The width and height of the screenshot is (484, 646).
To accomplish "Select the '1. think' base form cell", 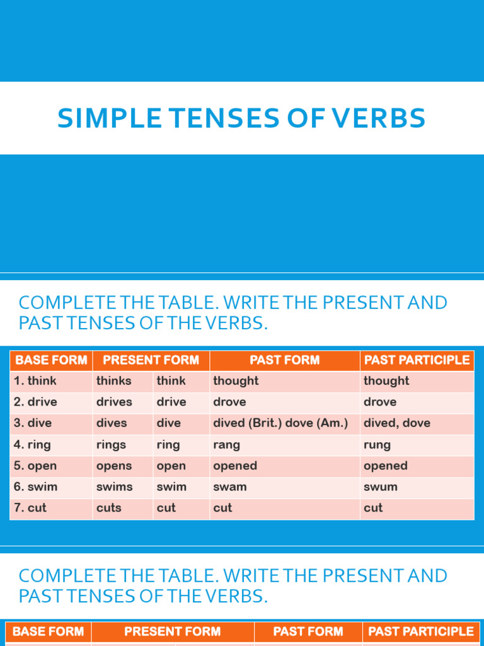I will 35,381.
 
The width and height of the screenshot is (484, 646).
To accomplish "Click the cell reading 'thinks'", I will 114,381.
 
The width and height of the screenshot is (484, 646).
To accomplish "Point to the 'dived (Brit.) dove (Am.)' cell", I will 280,423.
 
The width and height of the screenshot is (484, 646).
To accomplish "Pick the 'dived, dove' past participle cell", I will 397,423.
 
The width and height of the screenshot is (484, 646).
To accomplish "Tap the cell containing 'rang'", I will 227,445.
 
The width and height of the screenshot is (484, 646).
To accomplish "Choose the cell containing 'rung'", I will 377,445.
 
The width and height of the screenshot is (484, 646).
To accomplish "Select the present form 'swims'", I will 115,487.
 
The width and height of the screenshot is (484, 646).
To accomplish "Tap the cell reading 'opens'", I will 114,466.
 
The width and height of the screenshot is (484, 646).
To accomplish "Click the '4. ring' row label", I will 32,445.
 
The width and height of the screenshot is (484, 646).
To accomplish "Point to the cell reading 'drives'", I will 115,402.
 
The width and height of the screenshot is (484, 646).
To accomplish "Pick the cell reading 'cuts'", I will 109,508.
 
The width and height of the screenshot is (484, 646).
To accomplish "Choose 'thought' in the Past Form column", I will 236,381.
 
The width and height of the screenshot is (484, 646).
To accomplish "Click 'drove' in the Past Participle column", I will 380,402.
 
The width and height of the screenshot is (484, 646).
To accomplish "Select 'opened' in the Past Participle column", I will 386,466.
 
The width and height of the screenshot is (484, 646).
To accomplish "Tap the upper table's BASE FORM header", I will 51,360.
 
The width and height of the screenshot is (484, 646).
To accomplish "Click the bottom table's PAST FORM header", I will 308,631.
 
